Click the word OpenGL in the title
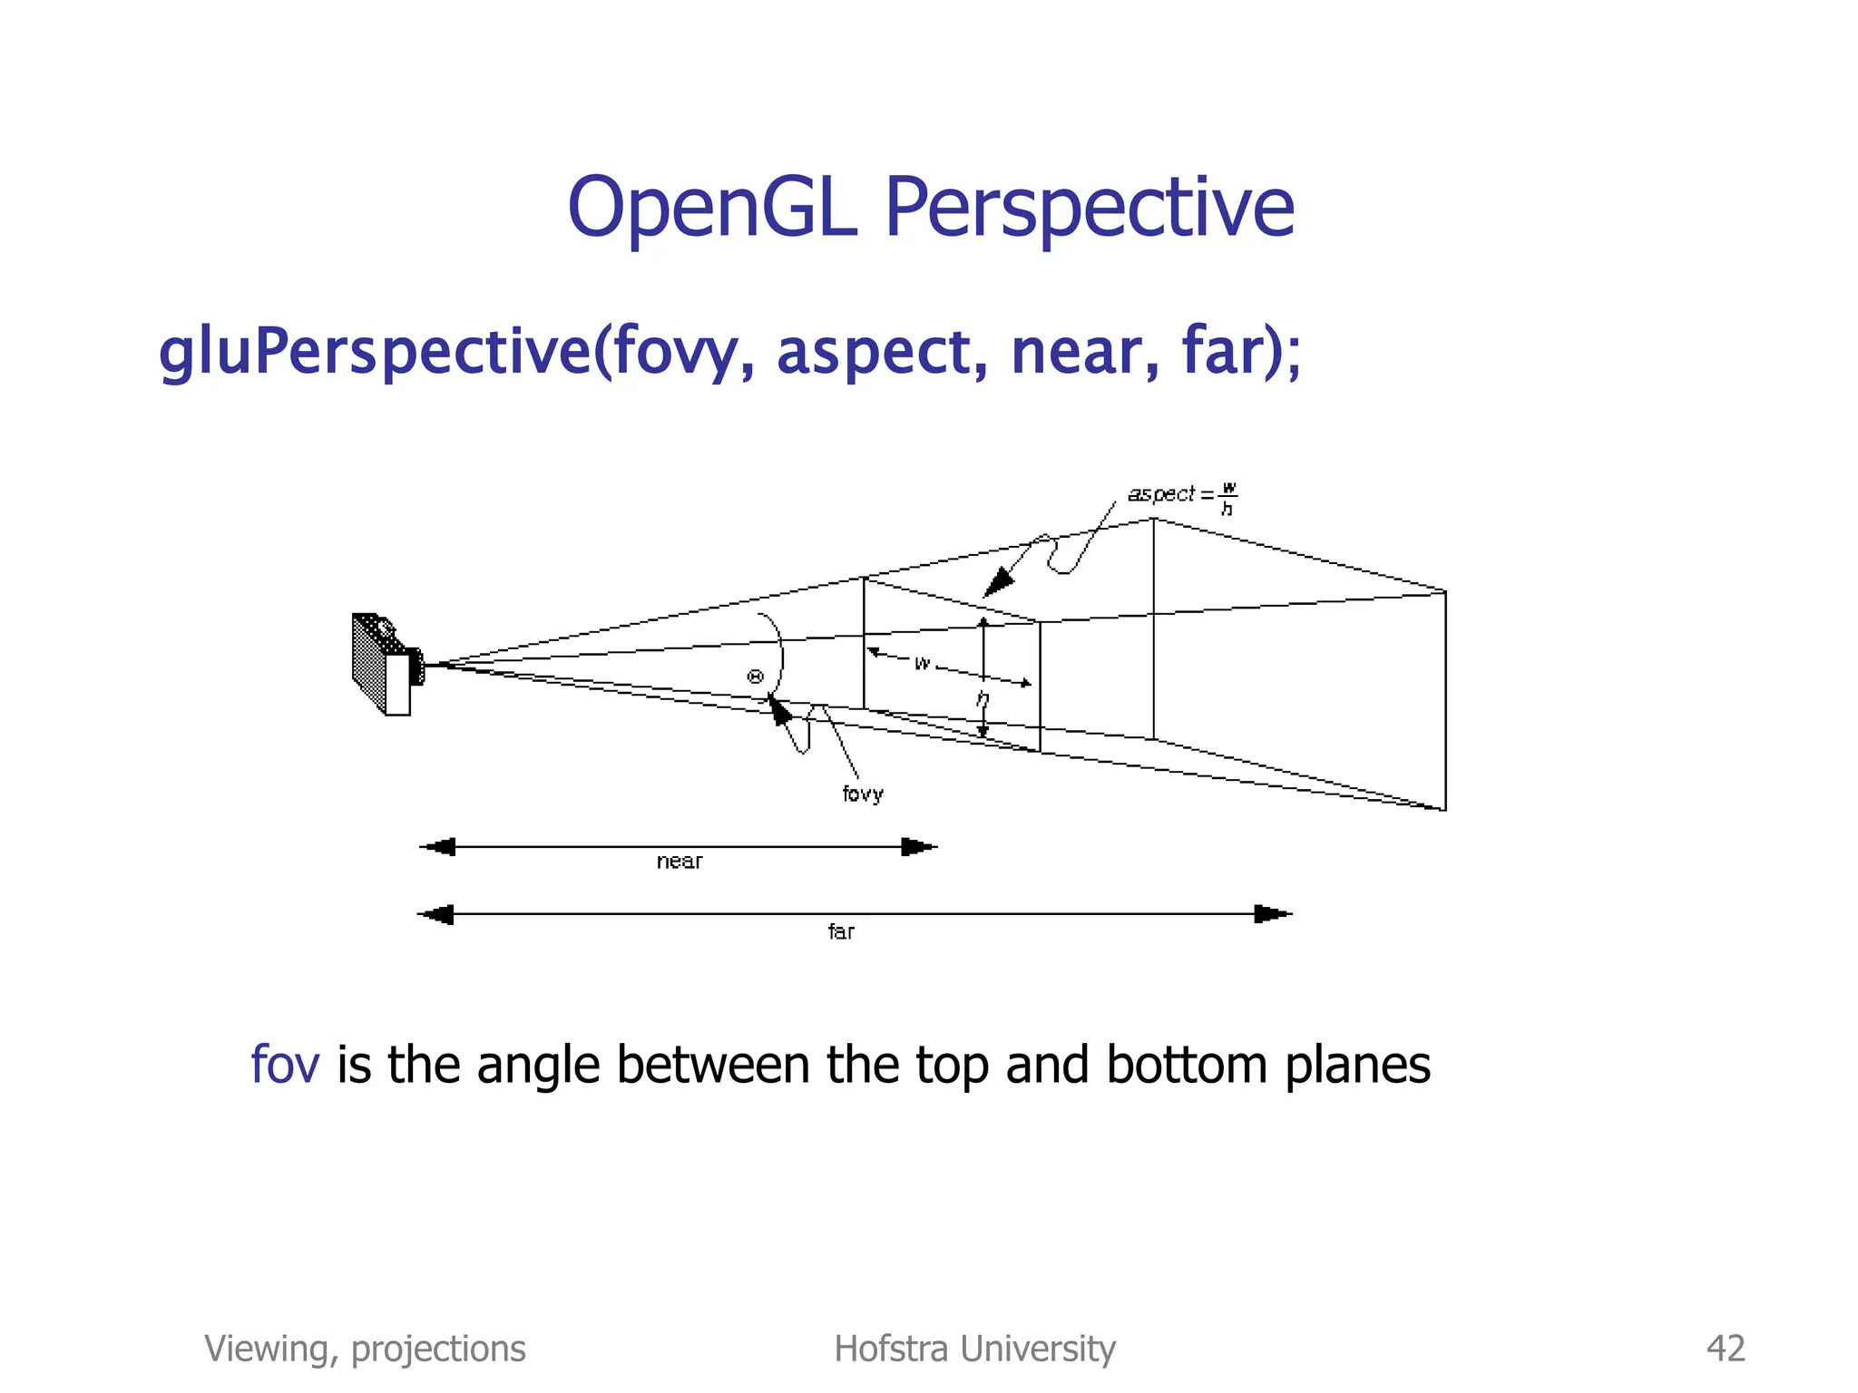712,208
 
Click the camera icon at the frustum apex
386,664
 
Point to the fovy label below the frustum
862,794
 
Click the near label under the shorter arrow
679,862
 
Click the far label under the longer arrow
840,931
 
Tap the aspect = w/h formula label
1181,496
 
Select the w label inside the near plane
922,663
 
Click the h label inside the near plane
982,699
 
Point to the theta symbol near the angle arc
755,677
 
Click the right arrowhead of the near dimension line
918,847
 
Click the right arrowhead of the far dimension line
1272,914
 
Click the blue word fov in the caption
285,1065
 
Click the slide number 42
1725,1349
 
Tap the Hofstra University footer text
974,1349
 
